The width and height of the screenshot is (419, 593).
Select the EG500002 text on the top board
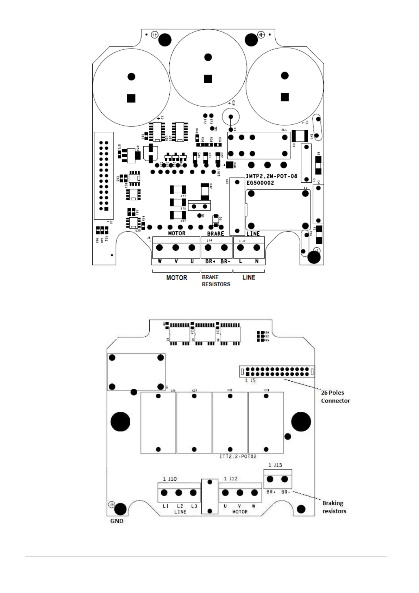click(260, 183)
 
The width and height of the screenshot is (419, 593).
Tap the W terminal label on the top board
click(160, 261)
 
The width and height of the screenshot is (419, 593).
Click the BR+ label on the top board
click(210, 261)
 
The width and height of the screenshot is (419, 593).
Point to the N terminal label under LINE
click(257, 261)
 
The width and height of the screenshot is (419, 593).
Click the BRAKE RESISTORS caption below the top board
click(216, 281)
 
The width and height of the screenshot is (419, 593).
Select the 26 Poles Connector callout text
click(335, 397)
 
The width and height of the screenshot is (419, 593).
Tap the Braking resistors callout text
click(334, 507)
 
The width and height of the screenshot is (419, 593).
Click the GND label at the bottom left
click(117, 521)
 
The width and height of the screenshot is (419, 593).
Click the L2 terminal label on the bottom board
click(180, 506)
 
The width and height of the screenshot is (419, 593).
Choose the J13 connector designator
click(277, 465)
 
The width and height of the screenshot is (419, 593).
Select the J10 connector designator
click(172, 479)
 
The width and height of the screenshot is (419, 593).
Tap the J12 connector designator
click(233, 479)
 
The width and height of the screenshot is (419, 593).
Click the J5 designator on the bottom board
click(252, 380)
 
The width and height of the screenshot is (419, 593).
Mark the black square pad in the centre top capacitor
click(208, 79)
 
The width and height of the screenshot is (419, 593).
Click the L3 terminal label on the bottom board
click(194, 506)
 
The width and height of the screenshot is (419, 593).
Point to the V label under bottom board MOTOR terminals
click(239, 506)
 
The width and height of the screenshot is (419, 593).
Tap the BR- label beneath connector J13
click(286, 492)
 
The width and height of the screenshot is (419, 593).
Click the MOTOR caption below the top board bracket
click(177, 278)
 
